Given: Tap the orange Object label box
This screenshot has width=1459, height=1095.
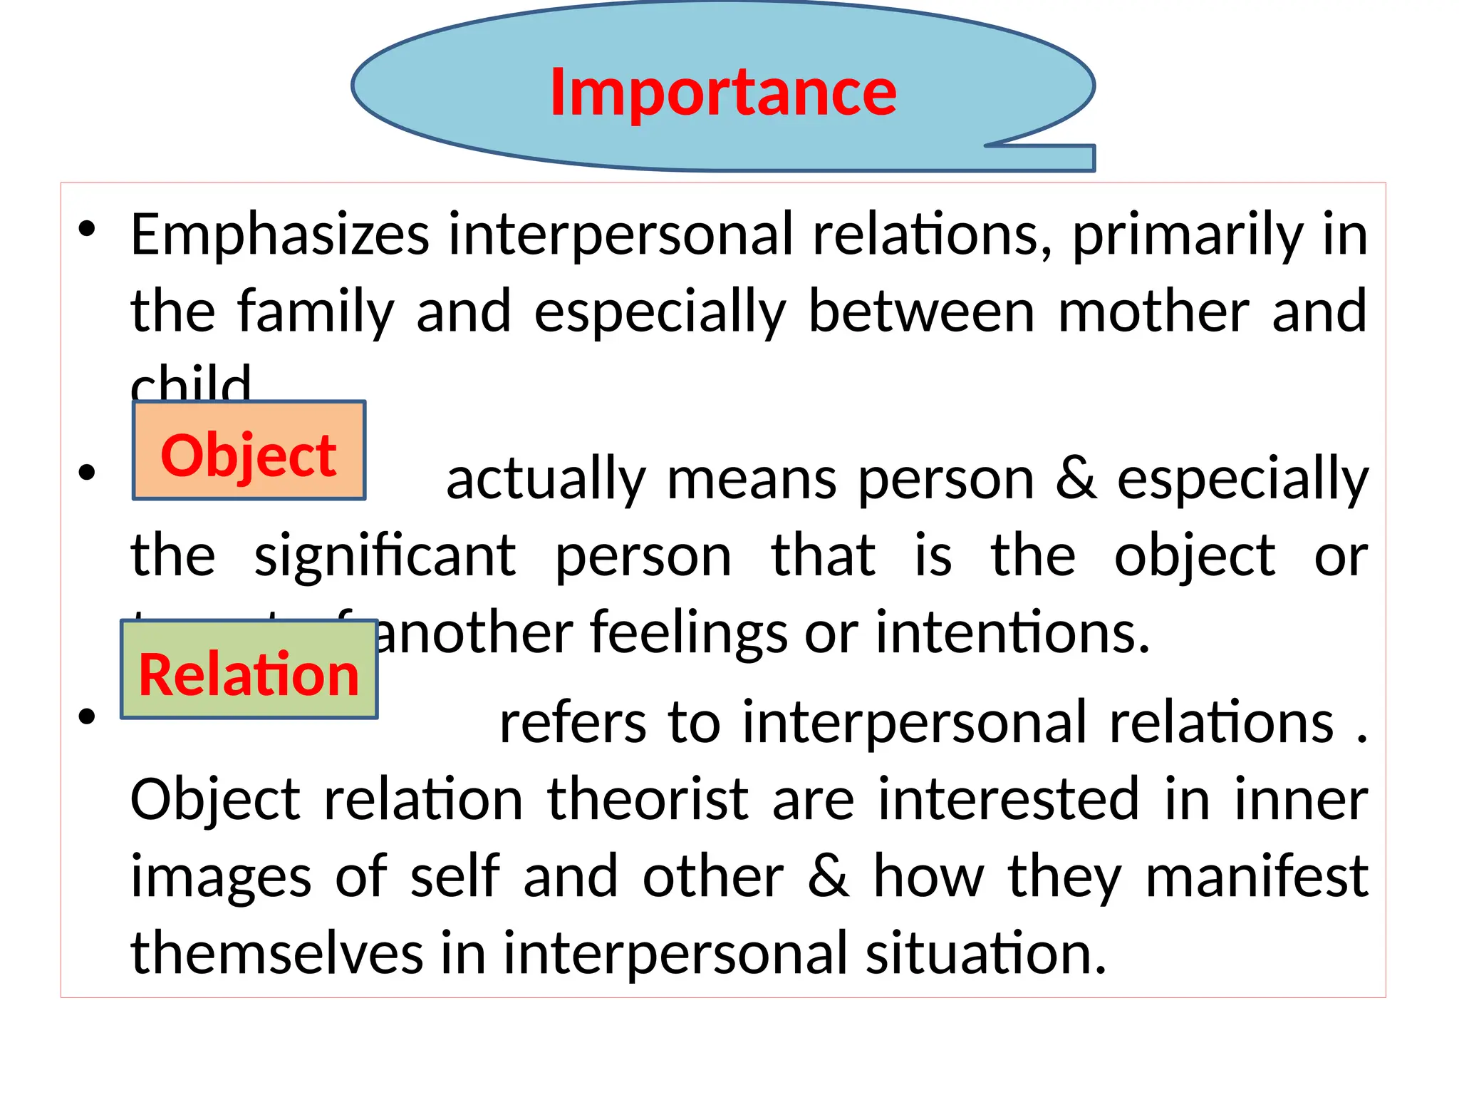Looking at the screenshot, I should (x=249, y=451).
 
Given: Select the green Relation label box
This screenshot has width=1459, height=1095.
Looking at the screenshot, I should (x=249, y=670).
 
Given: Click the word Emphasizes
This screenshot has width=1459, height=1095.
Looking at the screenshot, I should (x=280, y=235).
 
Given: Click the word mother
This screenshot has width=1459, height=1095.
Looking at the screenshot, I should (x=1153, y=312).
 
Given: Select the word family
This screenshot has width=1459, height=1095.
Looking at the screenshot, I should (x=316, y=312).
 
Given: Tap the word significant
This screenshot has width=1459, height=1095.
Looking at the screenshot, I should (x=385, y=556).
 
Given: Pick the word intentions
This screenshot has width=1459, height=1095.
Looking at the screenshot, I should (x=1012, y=632).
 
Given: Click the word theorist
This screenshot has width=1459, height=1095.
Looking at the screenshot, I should (x=648, y=800).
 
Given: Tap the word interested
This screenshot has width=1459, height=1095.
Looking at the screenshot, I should (x=1009, y=800).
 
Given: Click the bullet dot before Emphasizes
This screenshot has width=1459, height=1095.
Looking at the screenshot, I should (x=87, y=229).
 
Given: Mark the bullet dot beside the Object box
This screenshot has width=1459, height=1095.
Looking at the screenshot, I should (x=87, y=472).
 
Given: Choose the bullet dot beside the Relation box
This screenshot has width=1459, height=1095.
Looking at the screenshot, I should (x=87, y=716).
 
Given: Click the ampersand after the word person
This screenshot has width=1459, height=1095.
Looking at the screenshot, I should (x=1076, y=479).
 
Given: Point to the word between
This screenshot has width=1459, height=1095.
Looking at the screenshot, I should (x=921, y=312).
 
